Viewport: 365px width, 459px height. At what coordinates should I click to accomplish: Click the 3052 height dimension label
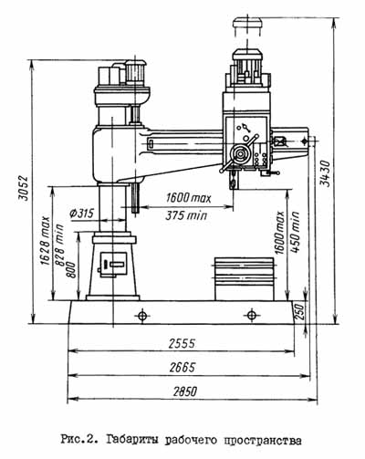(24, 188)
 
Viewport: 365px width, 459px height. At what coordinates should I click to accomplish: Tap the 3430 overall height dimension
(325, 173)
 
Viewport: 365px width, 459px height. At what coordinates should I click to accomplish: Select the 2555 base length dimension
(182, 344)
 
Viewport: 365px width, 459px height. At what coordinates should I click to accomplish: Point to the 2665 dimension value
(182, 368)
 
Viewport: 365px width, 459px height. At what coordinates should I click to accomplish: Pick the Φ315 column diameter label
(81, 214)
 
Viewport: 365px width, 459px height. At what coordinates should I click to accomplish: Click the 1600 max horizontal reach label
(188, 198)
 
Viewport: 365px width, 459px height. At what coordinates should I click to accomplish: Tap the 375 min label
(186, 215)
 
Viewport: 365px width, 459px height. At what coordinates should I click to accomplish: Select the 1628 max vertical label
(46, 240)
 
